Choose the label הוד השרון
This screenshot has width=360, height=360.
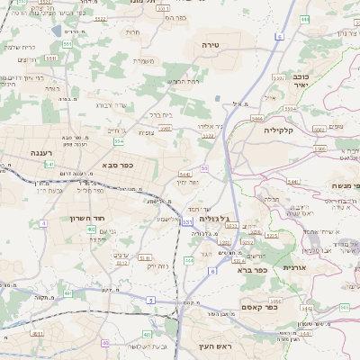87,217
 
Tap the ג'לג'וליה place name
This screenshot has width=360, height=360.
216,218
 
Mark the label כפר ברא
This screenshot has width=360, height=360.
253,268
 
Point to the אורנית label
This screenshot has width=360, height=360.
295,267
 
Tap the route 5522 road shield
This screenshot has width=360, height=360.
100,18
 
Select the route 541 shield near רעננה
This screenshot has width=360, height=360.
49,165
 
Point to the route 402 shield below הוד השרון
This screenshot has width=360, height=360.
92,229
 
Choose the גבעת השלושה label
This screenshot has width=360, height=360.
143,346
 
